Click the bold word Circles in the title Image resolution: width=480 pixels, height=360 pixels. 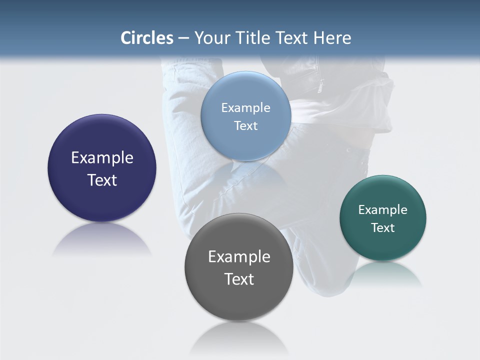click(x=146, y=38)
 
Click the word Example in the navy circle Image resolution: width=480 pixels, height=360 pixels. click(x=102, y=158)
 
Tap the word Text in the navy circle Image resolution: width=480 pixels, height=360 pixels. click(x=102, y=180)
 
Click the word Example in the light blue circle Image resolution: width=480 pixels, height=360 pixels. click(x=245, y=108)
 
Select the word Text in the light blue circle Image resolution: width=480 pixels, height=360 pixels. click(x=245, y=125)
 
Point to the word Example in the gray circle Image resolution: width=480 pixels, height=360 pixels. click(x=239, y=257)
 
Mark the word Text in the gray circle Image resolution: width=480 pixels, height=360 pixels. click(x=239, y=279)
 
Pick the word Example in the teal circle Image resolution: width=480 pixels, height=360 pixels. click(x=382, y=210)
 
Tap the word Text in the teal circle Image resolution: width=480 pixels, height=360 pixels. click(x=382, y=227)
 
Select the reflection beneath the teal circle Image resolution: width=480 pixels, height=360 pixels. click(x=383, y=273)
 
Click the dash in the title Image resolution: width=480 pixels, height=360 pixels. click(x=183, y=38)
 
